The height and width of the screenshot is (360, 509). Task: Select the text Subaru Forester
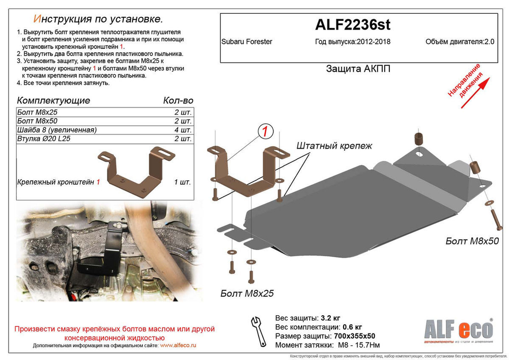247,42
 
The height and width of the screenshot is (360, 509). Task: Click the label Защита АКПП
358,69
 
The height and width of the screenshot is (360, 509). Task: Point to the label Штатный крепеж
334,146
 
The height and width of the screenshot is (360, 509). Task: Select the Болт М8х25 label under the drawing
247,293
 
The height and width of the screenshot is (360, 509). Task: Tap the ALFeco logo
458,329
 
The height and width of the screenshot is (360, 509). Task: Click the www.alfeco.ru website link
178,345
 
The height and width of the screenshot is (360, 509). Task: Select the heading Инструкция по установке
98,19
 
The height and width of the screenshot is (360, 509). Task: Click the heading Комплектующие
53,100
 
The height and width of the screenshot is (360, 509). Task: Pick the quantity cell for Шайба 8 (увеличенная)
183,130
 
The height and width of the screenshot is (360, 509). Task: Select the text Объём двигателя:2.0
460,42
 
